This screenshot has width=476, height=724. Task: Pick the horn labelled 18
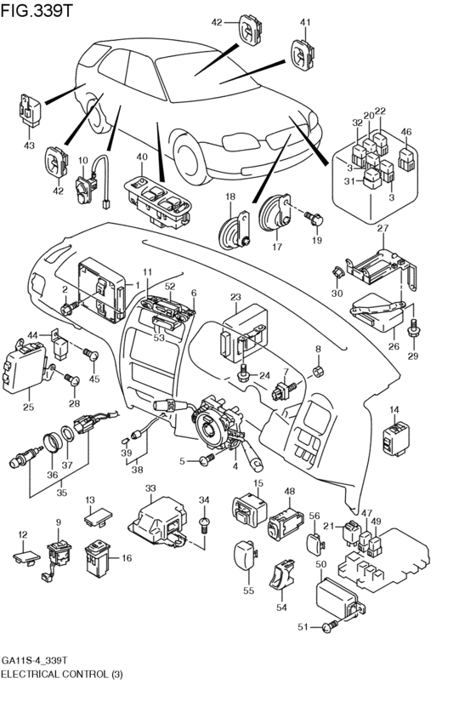click(x=233, y=228)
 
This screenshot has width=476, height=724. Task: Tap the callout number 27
click(x=382, y=229)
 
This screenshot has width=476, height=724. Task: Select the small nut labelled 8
click(x=319, y=372)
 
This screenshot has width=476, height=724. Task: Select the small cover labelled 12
click(x=25, y=557)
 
